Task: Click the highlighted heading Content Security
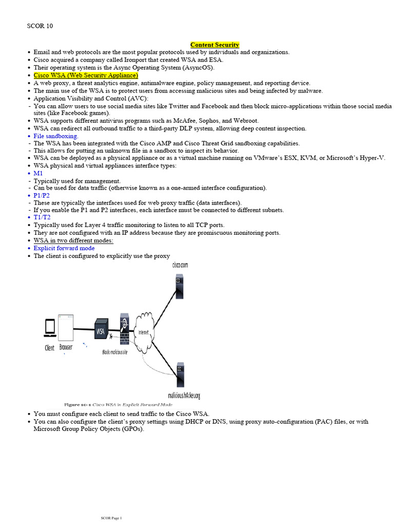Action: tap(214, 45)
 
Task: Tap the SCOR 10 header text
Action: tap(40, 26)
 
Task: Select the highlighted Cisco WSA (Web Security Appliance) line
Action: tap(86, 75)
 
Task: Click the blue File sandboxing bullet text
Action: tap(55, 136)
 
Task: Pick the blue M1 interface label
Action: tap(38, 174)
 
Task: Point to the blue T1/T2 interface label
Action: tap(42, 218)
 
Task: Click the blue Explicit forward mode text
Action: tap(64, 248)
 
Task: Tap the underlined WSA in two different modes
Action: tap(73, 240)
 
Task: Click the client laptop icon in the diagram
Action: tap(50, 327)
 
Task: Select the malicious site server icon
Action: tap(180, 375)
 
